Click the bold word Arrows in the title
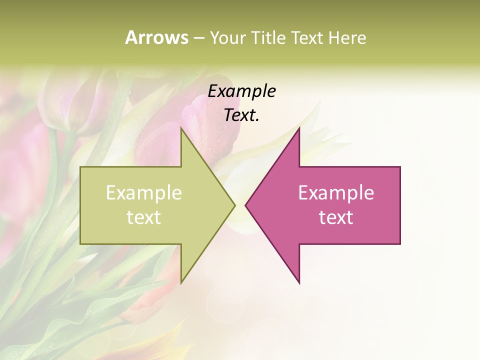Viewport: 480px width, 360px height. pos(156,37)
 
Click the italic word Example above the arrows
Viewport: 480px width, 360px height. pos(241,91)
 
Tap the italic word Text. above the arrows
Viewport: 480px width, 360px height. pos(241,115)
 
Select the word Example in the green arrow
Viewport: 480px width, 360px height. pos(143,192)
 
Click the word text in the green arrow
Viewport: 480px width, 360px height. pos(143,217)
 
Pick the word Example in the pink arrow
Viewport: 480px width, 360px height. pos(336,192)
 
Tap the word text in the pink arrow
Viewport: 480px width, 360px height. pos(336,217)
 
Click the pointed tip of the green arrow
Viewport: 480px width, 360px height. pos(235,205)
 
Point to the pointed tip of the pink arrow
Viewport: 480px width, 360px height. pos(245,205)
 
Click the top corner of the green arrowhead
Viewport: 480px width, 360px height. pos(181,127)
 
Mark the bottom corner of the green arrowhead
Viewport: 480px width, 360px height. pos(181,283)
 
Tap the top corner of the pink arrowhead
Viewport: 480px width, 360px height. pos(299,127)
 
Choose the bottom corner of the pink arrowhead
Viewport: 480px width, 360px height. pos(299,283)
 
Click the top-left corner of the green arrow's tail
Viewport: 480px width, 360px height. pos(80,167)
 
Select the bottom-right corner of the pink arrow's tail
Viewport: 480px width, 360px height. pos(400,244)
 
